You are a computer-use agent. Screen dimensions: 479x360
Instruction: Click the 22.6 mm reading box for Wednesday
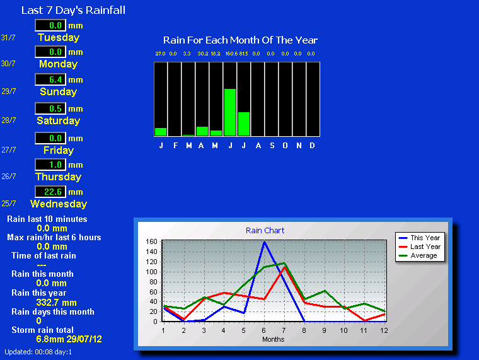[50, 192]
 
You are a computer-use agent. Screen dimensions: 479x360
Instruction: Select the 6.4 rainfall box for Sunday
[50, 79]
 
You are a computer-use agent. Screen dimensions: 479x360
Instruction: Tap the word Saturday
[59, 120]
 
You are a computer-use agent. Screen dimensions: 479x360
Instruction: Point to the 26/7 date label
[9, 177]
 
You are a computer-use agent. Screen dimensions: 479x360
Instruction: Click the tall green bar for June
[230, 112]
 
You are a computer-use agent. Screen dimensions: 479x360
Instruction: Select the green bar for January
[161, 132]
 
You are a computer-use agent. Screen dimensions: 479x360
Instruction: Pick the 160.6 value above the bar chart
[231, 54]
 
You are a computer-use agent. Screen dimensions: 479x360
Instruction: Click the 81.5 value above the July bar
[243, 54]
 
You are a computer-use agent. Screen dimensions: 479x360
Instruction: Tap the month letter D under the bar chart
[312, 146]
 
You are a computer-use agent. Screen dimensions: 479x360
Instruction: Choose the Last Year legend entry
[419, 247]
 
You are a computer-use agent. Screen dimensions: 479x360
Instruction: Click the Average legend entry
[418, 255]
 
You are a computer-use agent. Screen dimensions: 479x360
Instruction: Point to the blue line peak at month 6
[264, 241]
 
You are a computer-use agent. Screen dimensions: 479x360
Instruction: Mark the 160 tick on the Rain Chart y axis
[151, 241]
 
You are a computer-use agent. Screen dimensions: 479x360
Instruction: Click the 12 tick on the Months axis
[384, 330]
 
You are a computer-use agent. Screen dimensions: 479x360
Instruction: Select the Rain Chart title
[265, 230]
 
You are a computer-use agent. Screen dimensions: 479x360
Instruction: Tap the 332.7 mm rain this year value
[57, 303]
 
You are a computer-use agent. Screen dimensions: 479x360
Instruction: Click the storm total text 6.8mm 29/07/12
[69, 339]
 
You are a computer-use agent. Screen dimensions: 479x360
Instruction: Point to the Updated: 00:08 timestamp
[38, 352]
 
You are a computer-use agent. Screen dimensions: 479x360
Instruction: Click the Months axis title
[273, 339]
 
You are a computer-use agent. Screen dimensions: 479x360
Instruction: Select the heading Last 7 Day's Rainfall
[73, 10]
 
